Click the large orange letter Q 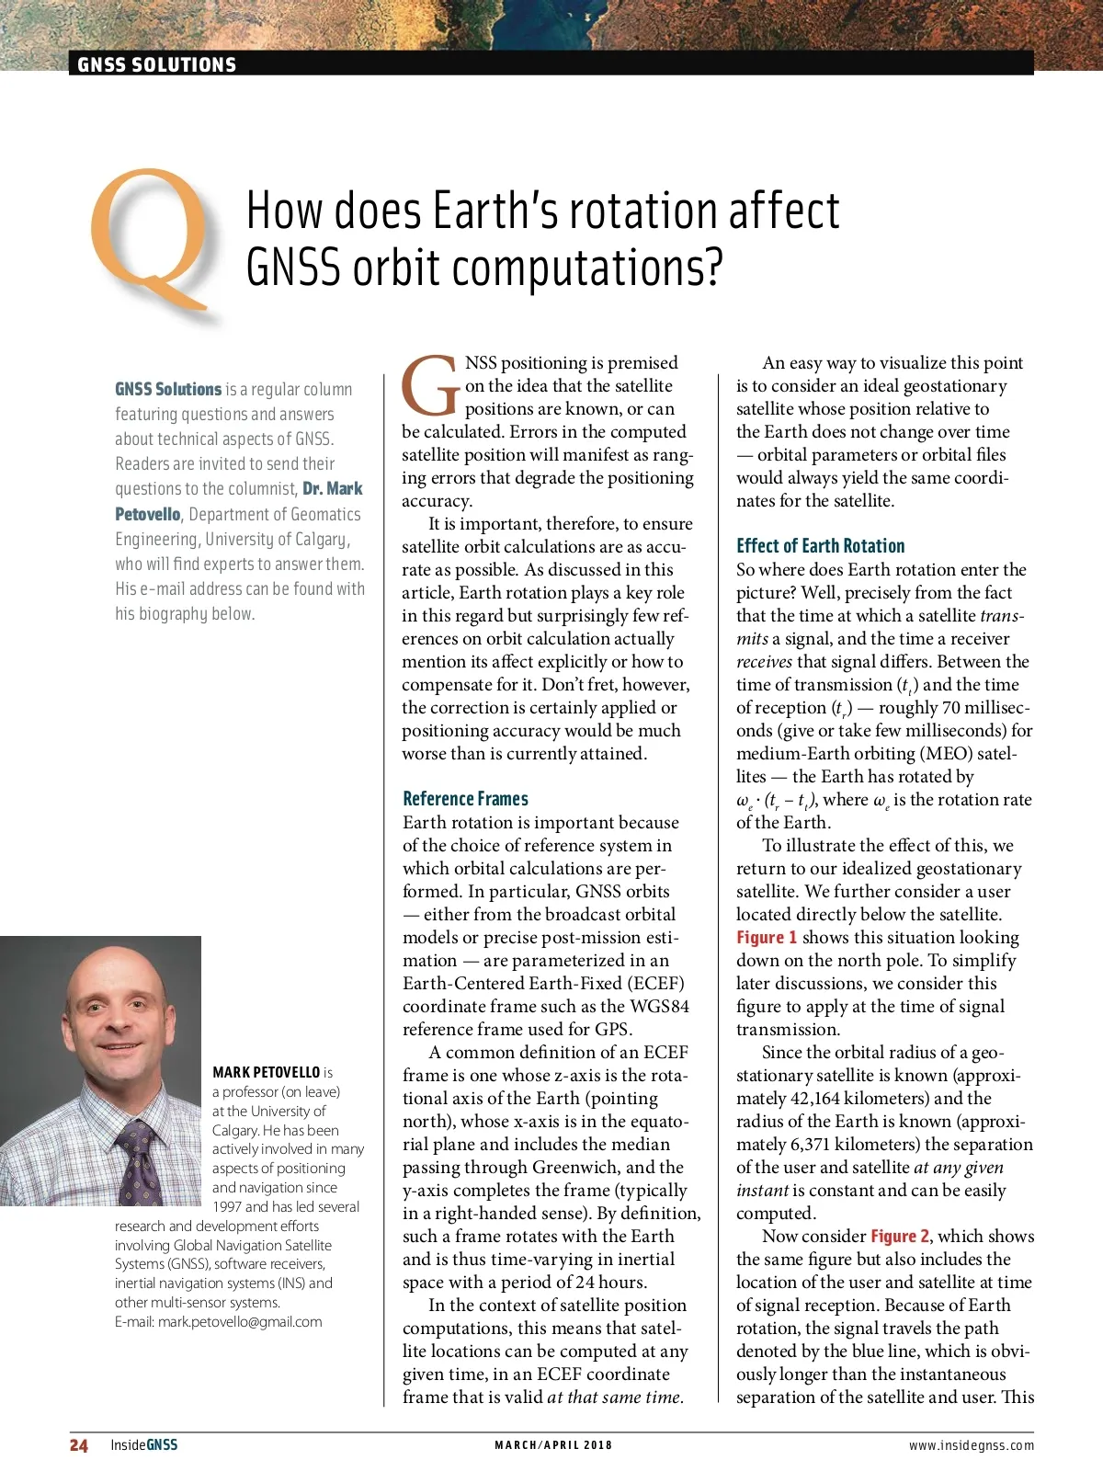[x=153, y=236]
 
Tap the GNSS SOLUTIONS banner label [x=156, y=64]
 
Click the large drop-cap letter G [x=430, y=385]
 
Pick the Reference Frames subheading [x=465, y=799]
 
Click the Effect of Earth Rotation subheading [x=820, y=546]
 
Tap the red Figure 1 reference [x=767, y=938]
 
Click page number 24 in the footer [x=79, y=1445]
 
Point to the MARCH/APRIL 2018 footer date [x=553, y=1445]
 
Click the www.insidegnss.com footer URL [x=971, y=1445]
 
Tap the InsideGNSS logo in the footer [x=143, y=1445]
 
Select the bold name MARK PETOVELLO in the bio [x=266, y=1072]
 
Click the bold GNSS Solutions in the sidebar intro [x=168, y=390]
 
